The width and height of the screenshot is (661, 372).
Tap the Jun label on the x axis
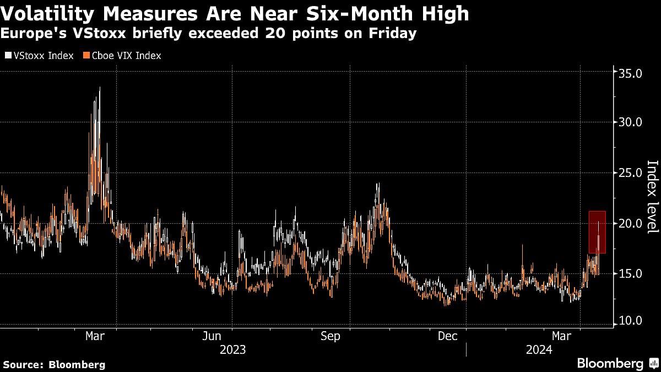point(212,336)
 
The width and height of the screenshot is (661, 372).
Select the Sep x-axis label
point(330,336)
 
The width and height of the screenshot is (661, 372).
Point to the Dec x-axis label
point(447,336)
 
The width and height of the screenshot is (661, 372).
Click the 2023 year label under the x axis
point(232,349)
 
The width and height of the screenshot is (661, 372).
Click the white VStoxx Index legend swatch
point(8,56)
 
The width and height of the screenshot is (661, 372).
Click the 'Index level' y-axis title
point(652,197)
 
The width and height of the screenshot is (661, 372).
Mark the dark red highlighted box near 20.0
point(597,232)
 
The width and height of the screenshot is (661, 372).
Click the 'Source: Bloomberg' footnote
point(54,364)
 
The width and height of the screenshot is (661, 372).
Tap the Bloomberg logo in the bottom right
point(617,363)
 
